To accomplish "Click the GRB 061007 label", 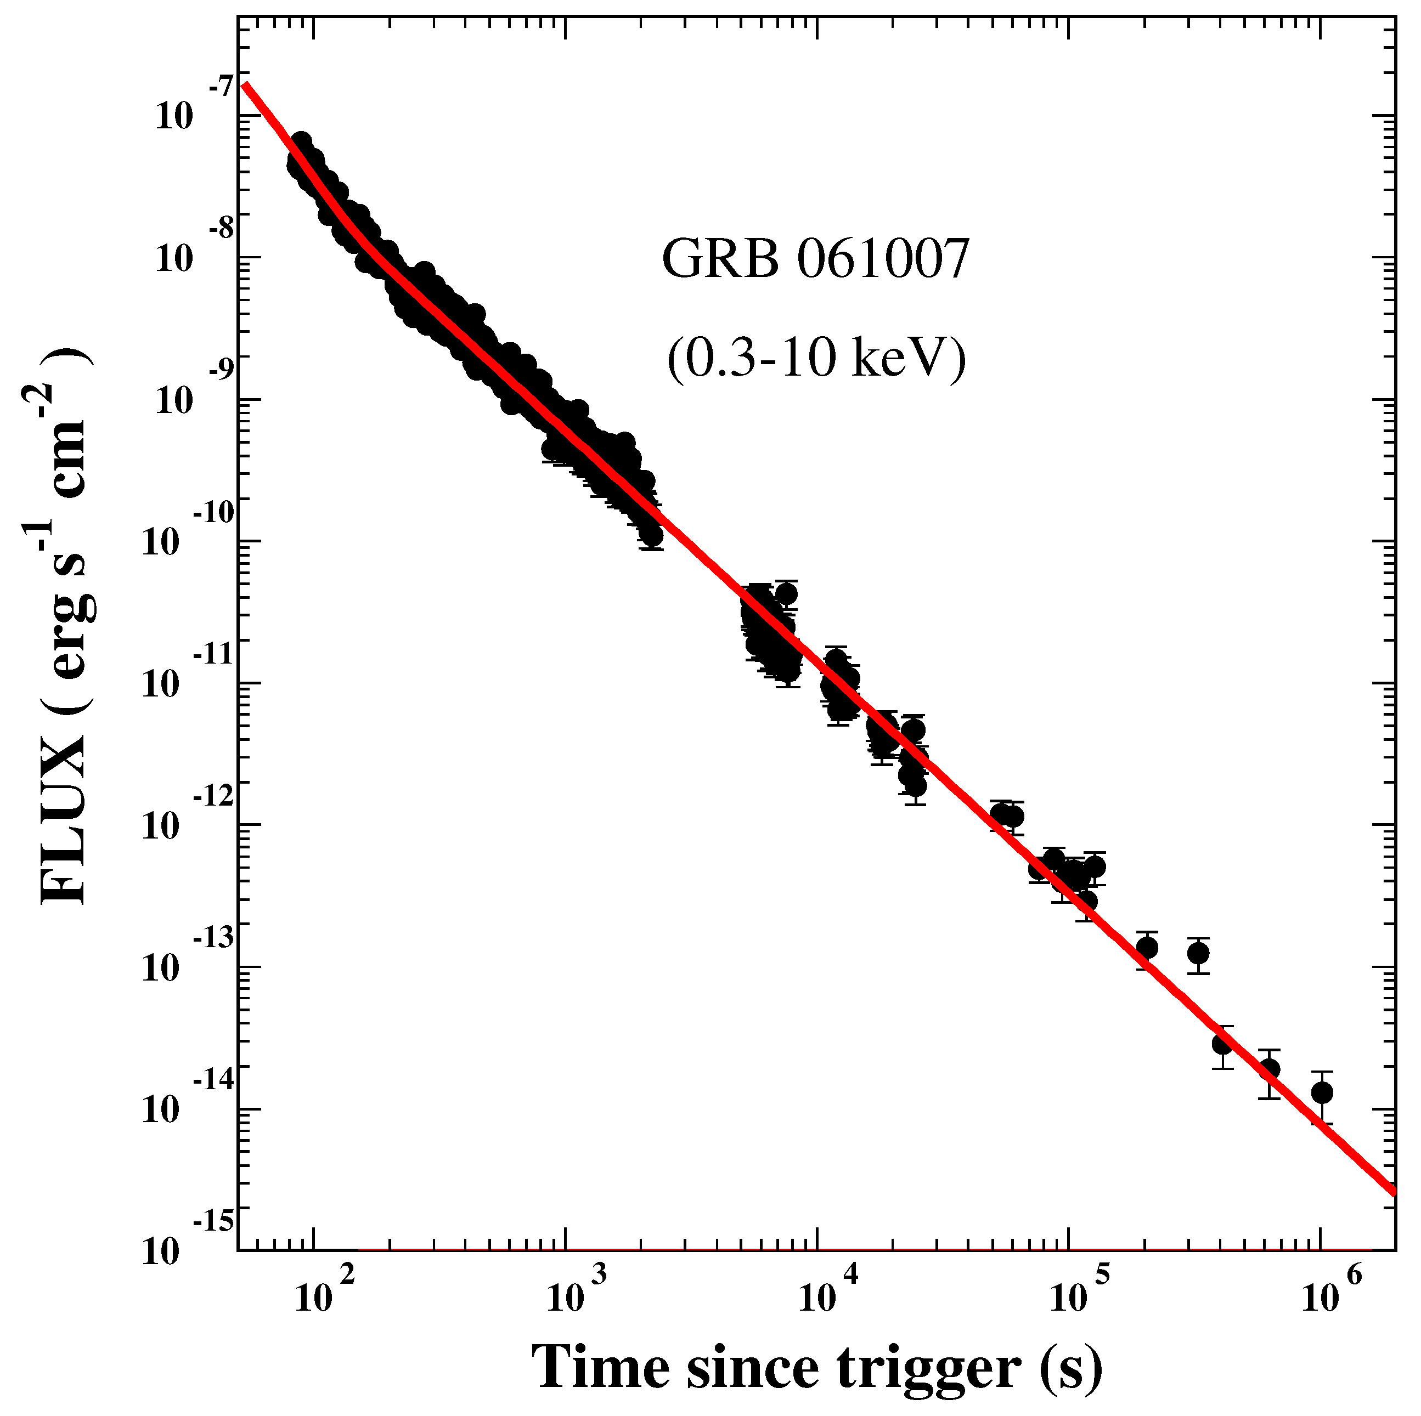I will coord(814,260).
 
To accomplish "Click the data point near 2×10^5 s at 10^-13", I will coord(1147,948).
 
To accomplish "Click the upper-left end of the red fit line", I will coord(245,84).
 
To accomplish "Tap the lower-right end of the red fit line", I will coord(1393,1193).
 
